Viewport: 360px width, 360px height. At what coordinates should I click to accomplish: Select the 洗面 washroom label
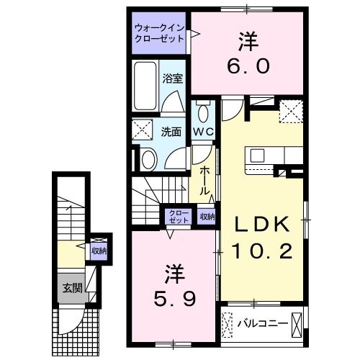coord(171,132)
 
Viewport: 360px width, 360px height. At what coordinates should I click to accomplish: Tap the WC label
coord(202,132)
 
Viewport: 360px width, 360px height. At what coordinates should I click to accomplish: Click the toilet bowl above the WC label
coord(202,112)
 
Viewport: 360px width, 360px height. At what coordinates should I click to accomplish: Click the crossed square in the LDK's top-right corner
coord(291,112)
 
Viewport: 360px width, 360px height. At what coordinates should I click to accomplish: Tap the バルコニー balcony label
coord(264,324)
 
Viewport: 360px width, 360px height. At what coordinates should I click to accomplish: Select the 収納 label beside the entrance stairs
coord(99,251)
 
